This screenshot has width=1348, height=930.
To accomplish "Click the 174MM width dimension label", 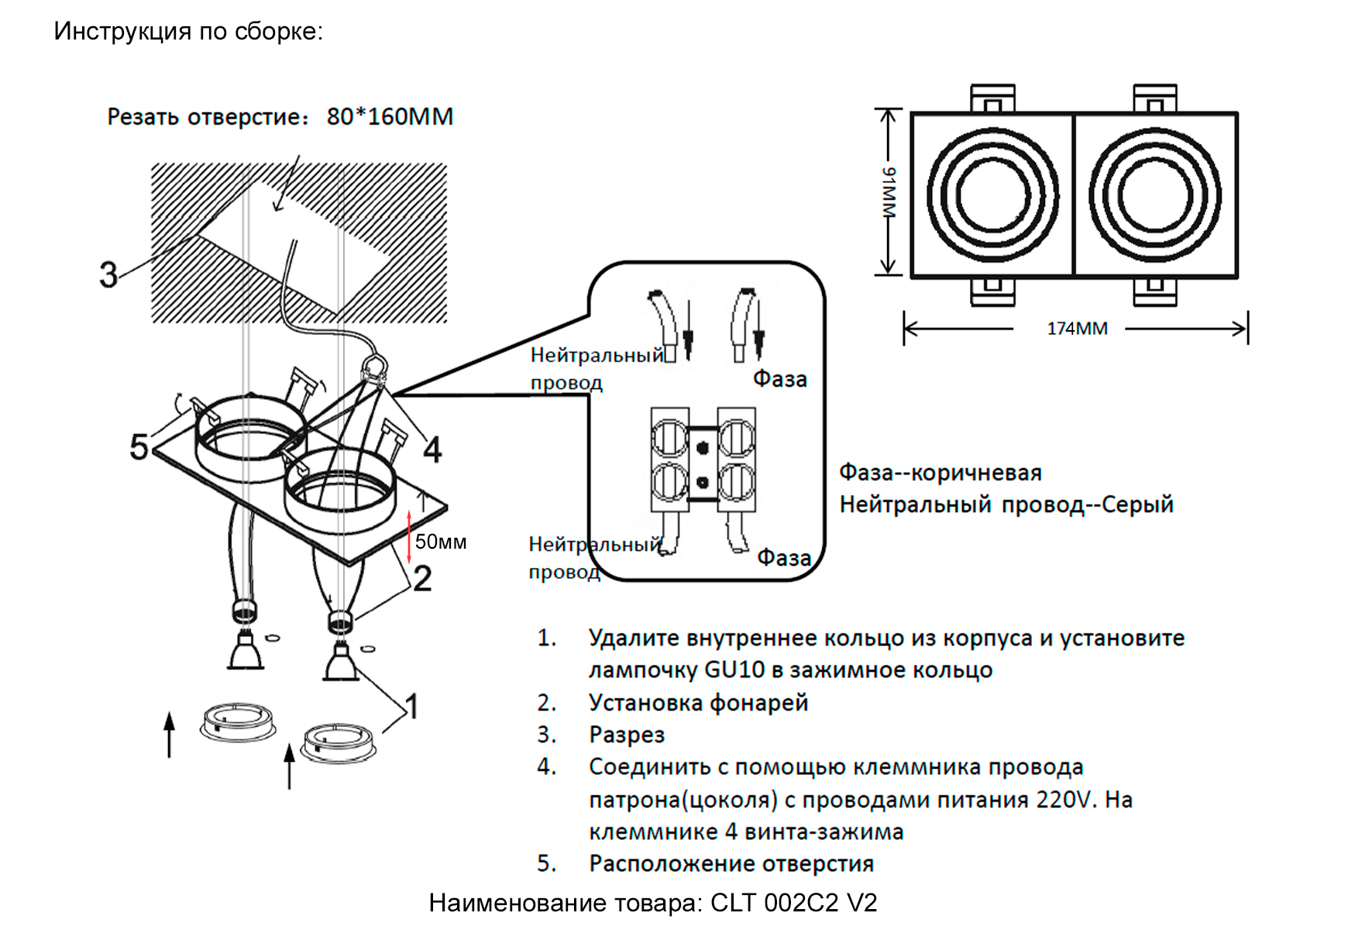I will [1077, 329].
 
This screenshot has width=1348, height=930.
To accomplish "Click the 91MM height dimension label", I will [889, 192].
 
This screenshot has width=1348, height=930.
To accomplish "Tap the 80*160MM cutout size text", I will [390, 117].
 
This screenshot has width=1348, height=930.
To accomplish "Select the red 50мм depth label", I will [440, 542].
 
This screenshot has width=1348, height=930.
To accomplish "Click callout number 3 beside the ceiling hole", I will [108, 275].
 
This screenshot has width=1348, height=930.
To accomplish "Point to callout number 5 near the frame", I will [139, 447].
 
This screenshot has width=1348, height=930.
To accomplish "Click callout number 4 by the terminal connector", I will [432, 450].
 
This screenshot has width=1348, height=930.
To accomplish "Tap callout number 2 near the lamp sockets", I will [422, 579].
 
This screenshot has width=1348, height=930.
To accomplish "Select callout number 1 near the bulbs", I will [412, 706].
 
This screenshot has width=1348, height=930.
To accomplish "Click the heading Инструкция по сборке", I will [188, 31].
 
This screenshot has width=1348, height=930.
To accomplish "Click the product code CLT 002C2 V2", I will [793, 903].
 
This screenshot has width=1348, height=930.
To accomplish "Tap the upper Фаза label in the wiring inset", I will [779, 379].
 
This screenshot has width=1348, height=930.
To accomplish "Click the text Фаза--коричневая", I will [940, 473].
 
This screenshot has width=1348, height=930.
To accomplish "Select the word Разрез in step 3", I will [627, 735].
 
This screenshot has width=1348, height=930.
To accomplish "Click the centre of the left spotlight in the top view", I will [992, 195].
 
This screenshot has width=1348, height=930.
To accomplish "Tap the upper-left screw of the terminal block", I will [669, 438].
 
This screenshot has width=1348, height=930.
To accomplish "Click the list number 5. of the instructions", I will [547, 863].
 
